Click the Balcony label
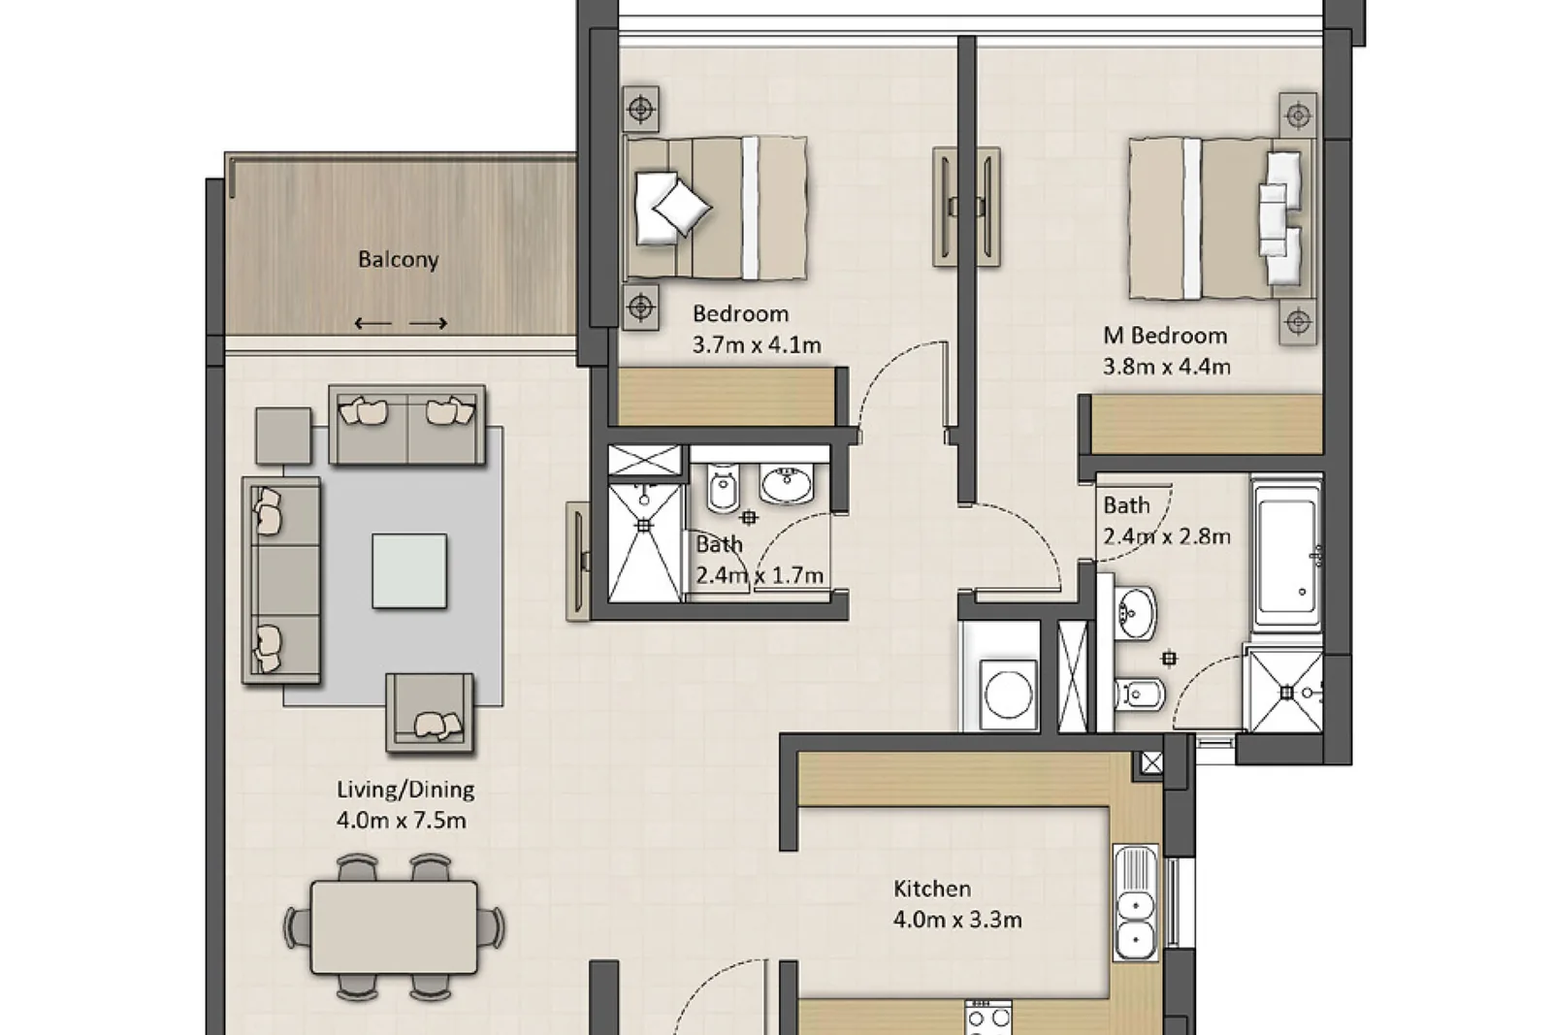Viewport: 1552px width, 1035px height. tap(399, 260)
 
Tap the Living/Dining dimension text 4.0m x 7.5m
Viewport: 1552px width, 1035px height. tap(402, 821)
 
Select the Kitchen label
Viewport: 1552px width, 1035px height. tap(932, 889)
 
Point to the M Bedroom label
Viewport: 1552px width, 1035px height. tap(1165, 336)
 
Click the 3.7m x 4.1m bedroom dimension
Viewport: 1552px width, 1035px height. tap(757, 344)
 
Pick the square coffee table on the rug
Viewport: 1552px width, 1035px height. tap(408, 570)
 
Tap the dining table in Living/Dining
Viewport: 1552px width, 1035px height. tap(394, 927)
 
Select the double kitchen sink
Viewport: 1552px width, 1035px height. tap(1135, 903)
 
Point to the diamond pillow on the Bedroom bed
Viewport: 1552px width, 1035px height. tap(683, 207)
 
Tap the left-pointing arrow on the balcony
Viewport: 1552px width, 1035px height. tap(372, 323)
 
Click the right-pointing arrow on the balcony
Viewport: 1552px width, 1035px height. tap(428, 323)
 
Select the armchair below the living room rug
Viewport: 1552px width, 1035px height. tap(431, 712)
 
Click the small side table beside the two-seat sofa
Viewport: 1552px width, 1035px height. tap(283, 436)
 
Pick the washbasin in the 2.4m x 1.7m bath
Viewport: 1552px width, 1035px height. tap(787, 484)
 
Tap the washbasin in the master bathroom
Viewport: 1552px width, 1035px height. tap(1135, 614)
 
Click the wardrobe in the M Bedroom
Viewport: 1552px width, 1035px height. tap(1207, 424)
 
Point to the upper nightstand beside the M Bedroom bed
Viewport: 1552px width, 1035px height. tap(1298, 115)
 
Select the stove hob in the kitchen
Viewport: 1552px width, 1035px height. tap(988, 1019)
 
